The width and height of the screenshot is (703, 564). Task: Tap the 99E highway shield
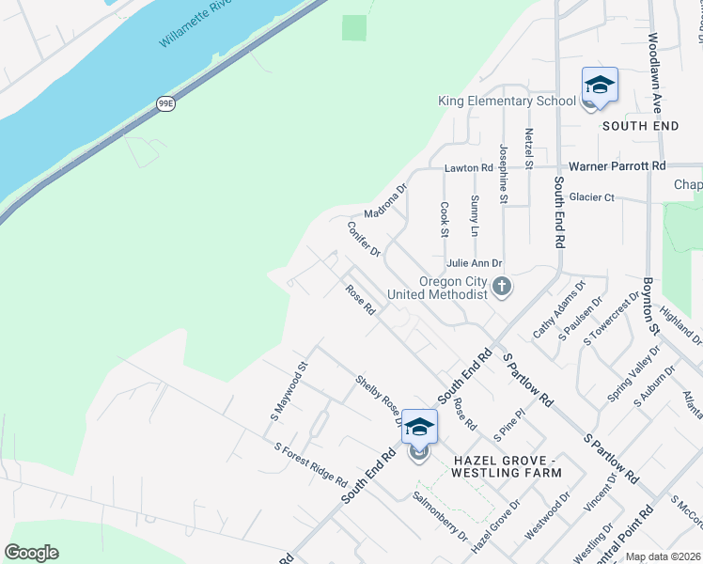[x=165, y=103]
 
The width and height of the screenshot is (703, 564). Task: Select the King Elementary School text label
[x=507, y=102]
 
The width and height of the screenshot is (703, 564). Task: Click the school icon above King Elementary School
[x=599, y=86]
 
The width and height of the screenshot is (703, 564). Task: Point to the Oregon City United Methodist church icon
[x=502, y=286]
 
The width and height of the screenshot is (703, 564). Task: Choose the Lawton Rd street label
[x=468, y=167]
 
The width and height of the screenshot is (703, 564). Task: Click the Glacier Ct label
[x=591, y=197]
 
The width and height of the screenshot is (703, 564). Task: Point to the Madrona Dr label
[x=385, y=199]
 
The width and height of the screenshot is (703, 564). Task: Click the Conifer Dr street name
[x=363, y=239]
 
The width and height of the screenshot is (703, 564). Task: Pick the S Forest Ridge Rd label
[x=310, y=464]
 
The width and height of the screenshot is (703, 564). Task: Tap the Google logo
[x=31, y=552]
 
